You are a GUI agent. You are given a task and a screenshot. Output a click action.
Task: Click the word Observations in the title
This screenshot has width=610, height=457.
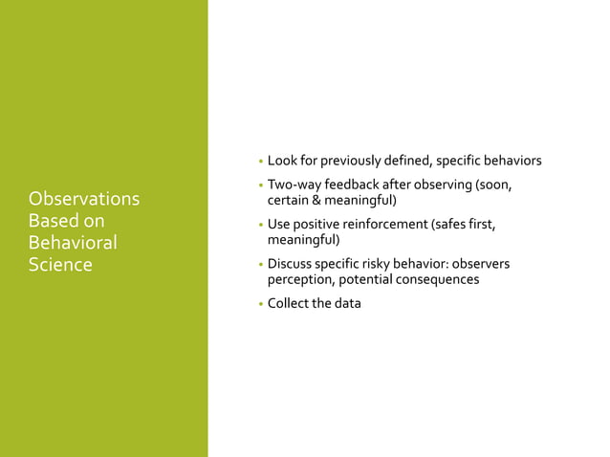pyautogui.click(x=84, y=199)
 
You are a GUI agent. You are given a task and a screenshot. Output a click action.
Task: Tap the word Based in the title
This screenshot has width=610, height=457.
pyautogui.click(x=54, y=221)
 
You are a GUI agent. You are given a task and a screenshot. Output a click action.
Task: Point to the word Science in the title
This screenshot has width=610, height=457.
pyautogui.click(x=60, y=265)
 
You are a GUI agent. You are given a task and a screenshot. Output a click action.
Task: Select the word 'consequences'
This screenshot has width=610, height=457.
pyautogui.click(x=435, y=279)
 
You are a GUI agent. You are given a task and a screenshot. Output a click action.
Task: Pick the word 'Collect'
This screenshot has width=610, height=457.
pyautogui.click(x=289, y=304)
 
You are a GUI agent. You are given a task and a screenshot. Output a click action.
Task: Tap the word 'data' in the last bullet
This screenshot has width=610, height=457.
pyautogui.click(x=347, y=304)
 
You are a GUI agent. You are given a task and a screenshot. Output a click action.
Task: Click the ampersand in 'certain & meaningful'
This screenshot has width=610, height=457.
pyautogui.click(x=316, y=200)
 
